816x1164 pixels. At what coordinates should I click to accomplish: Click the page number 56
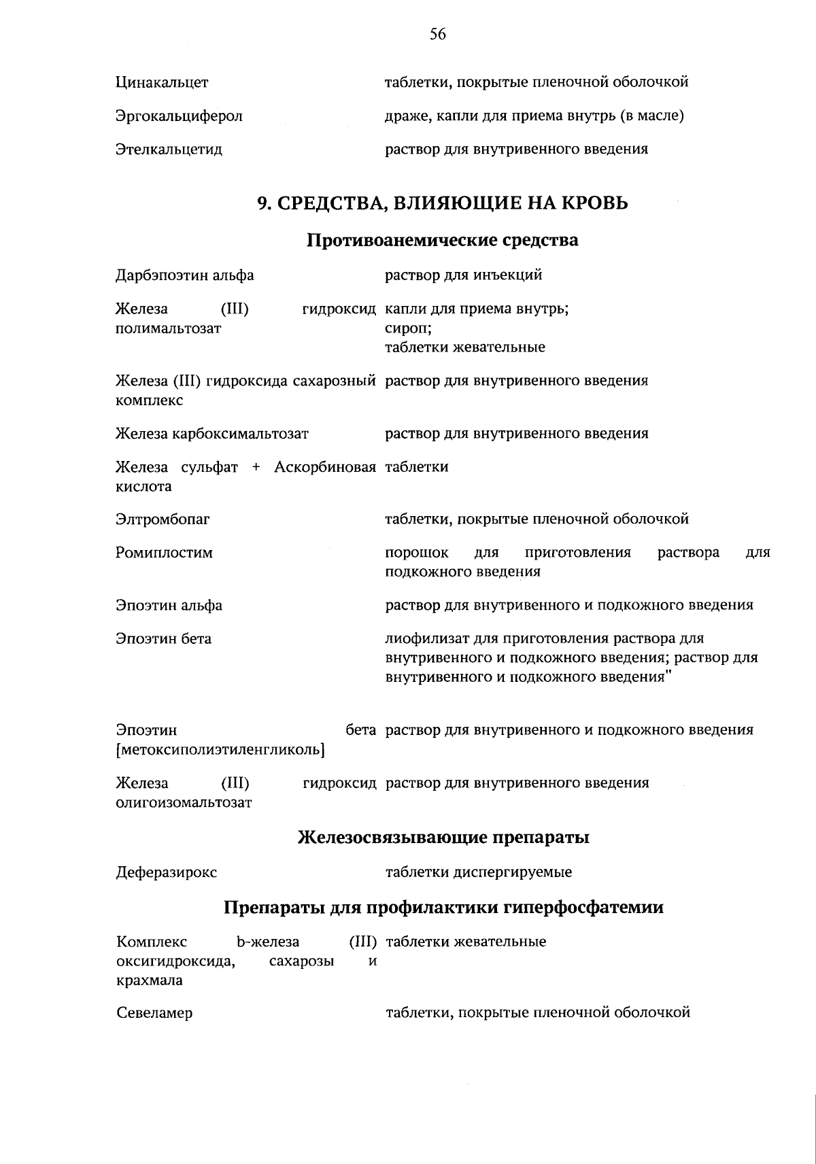tap(437, 35)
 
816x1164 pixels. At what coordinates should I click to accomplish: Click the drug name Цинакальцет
tap(162, 83)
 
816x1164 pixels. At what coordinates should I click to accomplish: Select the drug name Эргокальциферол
tap(179, 116)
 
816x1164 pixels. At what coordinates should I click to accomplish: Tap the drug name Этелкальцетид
tap(169, 150)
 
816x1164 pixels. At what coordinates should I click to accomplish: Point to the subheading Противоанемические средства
tap(443, 240)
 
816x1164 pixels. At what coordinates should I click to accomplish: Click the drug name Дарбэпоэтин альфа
tap(184, 275)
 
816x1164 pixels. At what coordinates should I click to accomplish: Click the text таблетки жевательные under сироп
tap(465, 347)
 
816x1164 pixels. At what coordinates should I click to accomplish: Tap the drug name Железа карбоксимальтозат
tap(212, 434)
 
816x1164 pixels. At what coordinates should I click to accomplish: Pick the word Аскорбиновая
tap(325, 467)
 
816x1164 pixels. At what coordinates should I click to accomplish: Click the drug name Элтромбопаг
tap(163, 520)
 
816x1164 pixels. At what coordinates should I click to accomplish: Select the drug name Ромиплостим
tap(164, 553)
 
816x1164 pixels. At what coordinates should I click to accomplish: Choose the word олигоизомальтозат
tap(184, 803)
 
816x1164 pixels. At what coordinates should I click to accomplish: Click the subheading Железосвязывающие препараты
tap(443, 838)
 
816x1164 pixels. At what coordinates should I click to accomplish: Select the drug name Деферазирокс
tap(167, 872)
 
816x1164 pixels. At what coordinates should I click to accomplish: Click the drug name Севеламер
tap(154, 1014)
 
